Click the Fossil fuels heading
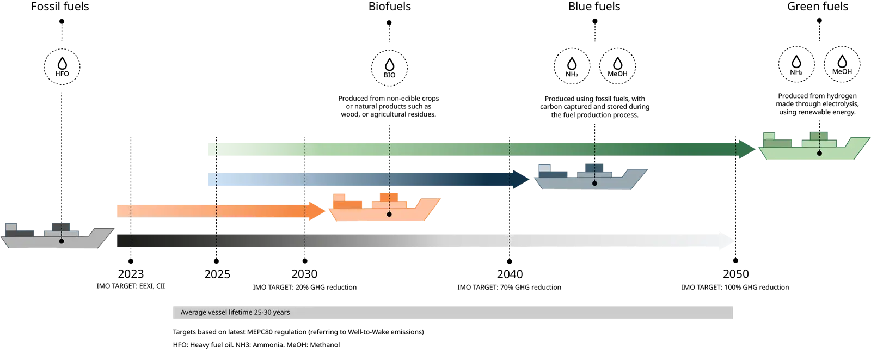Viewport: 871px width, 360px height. point(60,7)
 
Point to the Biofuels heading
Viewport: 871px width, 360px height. point(390,7)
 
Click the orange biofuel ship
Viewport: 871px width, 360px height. point(384,207)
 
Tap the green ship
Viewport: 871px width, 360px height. point(814,146)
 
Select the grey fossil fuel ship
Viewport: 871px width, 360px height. point(57,235)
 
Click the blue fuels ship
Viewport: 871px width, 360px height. point(591,176)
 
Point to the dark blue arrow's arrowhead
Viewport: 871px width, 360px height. point(521,179)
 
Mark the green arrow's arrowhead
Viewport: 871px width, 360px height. point(747,149)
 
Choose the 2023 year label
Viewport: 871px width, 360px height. point(131,274)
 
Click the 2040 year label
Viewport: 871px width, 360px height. point(510,274)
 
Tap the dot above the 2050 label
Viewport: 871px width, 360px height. point(735,260)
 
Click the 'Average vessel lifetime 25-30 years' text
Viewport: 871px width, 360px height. point(235,312)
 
